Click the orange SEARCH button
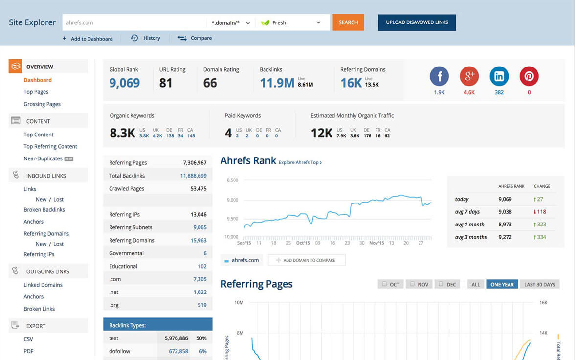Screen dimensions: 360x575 (348, 22)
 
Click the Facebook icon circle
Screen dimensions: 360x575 (439, 76)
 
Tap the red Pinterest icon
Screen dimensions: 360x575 (529, 76)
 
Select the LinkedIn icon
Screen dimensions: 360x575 (499, 76)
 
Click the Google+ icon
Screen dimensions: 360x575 (469, 76)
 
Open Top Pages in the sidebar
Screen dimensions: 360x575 (36, 92)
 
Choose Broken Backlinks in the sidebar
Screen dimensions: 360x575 (44, 210)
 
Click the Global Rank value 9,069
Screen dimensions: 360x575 (125, 83)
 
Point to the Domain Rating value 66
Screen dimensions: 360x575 (210, 83)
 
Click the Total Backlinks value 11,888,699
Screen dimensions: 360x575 (193, 176)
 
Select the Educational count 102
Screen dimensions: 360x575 (202, 267)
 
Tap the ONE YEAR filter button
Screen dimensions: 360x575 (502, 284)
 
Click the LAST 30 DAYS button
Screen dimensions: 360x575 (540, 284)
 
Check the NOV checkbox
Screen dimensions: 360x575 (412, 284)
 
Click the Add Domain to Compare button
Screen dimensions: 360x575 (307, 260)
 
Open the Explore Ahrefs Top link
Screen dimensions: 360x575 (300, 162)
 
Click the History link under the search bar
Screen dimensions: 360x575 (146, 38)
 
